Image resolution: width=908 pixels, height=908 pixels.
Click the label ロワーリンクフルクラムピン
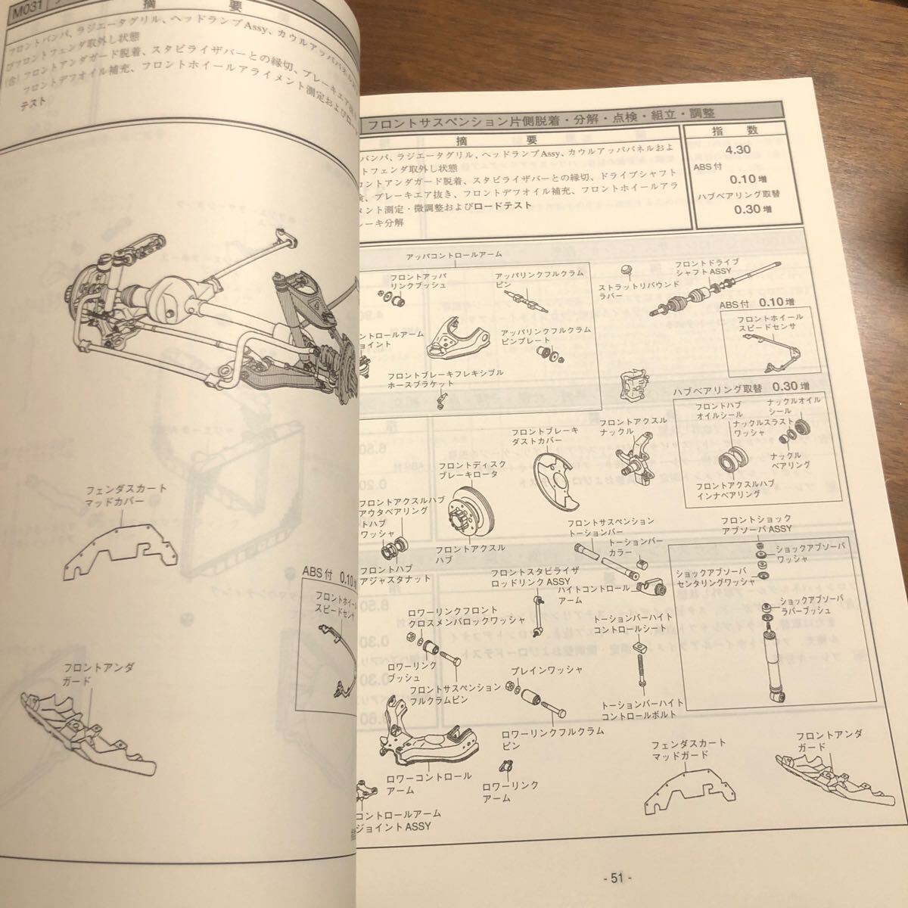coord(542,738)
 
